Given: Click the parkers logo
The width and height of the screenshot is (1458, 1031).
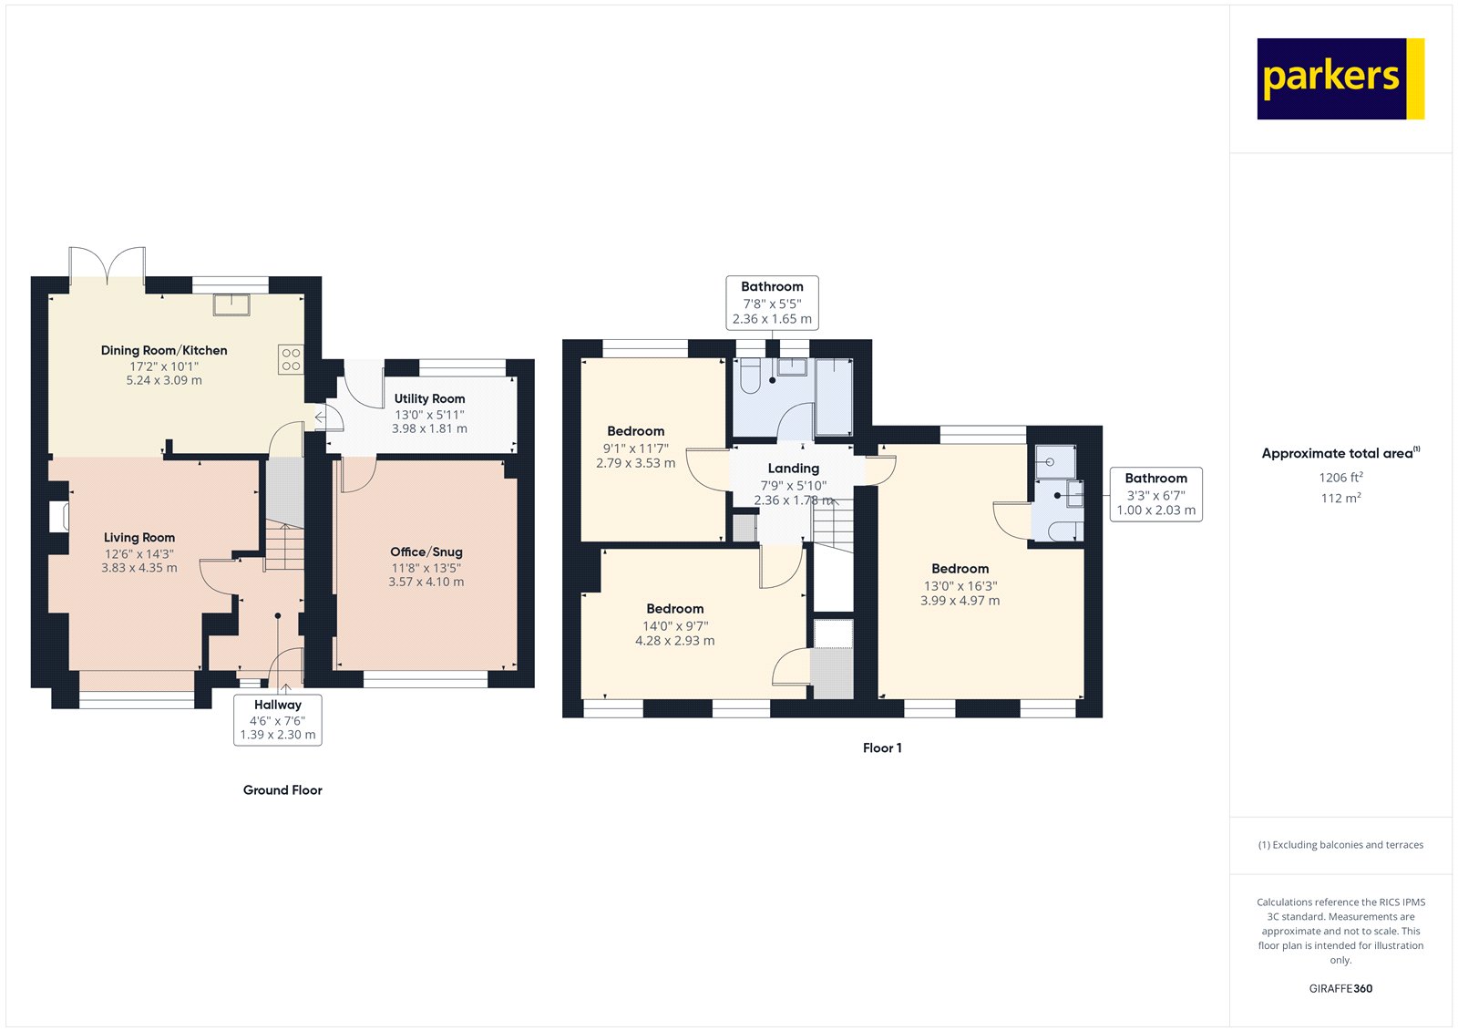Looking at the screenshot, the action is pos(1340,78).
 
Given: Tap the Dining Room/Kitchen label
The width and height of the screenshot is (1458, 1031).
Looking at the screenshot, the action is pos(164,350).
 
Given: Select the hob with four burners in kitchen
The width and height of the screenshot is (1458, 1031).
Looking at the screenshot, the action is pos(291,359).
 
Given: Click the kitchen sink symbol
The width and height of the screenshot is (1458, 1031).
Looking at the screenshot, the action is pos(231,304).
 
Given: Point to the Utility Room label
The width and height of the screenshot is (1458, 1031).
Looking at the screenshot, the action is pos(429,398).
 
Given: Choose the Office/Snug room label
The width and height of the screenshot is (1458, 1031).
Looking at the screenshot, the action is pos(426,552).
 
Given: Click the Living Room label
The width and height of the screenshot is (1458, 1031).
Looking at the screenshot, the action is pos(139,537).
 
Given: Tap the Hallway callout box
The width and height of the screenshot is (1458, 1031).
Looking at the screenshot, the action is pos(278,719).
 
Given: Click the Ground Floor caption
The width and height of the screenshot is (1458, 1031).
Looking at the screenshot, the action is pos(282,790).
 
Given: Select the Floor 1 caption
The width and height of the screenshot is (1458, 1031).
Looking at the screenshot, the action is pos(882,747).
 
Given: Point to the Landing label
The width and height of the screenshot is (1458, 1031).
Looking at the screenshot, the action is pos(794,469).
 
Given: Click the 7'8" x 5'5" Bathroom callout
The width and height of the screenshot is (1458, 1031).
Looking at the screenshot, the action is pos(772,303).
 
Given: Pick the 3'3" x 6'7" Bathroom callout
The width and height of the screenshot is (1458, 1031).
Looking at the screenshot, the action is pos(1156,494).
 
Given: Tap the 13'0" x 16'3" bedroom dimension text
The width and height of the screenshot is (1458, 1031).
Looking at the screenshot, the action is pos(960,585).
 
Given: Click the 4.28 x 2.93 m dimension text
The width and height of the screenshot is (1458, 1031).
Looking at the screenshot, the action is pos(675,641).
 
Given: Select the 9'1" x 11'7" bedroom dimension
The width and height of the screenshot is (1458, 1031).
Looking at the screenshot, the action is pos(636,448).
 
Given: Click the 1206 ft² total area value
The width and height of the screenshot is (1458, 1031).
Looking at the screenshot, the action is pos(1340,478).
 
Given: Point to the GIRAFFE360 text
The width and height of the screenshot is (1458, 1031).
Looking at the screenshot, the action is pos(1340,988).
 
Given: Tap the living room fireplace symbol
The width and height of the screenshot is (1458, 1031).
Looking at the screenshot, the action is pos(59,516).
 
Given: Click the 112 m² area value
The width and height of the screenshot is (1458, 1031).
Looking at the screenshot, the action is pos(1340,499).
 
